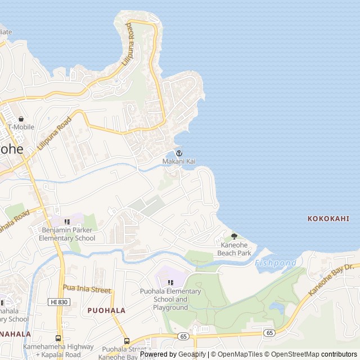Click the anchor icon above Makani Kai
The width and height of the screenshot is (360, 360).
click(x=179, y=153)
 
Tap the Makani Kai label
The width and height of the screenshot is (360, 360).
click(x=179, y=161)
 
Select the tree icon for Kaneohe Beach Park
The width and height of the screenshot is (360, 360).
click(x=235, y=236)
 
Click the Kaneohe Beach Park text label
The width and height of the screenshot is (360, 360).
click(x=235, y=249)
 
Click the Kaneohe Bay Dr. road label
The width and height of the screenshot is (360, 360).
click(x=334, y=280)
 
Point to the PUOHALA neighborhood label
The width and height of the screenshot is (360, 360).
click(x=106, y=310)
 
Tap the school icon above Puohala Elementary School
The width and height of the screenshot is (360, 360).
click(x=171, y=282)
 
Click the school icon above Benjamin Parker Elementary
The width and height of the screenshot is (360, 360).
click(x=67, y=222)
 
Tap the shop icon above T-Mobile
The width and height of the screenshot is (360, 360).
click(x=21, y=119)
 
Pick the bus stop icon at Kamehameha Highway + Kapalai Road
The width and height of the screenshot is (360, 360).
click(x=58, y=338)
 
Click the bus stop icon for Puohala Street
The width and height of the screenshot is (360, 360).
click(x=127, y=340)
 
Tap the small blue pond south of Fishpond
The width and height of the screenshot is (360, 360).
click(x=276, y=307)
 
